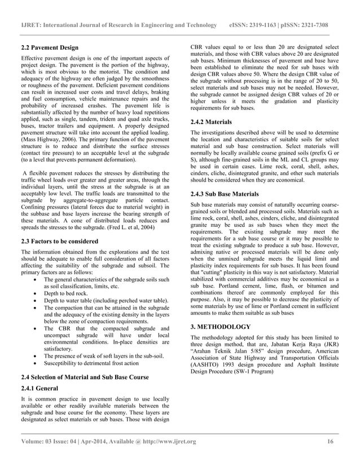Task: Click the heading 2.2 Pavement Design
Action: tap(50, 47)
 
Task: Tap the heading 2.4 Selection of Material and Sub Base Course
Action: tap(85, 376)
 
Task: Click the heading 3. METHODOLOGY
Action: tap(221, 327)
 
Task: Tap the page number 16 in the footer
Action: tap(331, 441)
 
